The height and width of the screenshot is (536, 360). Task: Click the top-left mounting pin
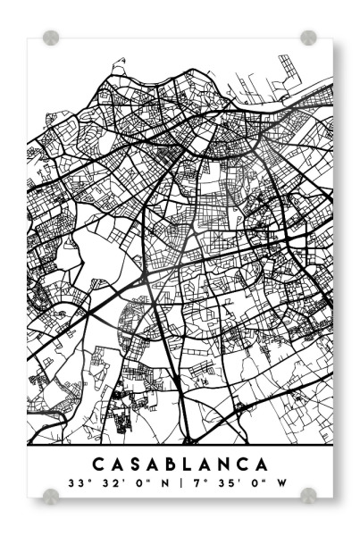pos(51,38)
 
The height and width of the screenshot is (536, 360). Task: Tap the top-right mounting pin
pos(308,38)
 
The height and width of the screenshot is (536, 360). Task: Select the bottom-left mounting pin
pos(51,495)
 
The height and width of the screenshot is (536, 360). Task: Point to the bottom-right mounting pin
pos(308,495)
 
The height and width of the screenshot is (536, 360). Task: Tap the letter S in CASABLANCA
pos(137,465)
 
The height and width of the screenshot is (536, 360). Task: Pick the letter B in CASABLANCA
pos(176,465)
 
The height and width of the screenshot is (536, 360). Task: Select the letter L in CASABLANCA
pos(194,465)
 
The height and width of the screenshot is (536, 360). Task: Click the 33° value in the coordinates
pos(75,483)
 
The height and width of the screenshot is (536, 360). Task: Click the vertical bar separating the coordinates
pos(180,483)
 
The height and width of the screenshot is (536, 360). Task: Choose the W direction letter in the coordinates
pos(282,483)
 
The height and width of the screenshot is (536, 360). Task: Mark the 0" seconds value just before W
pos(255,483)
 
